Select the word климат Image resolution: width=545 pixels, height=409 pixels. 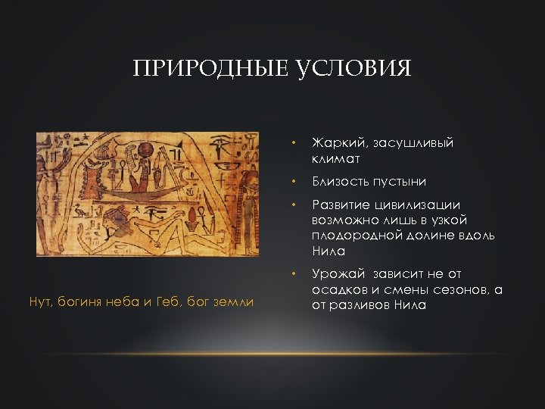point(334,159)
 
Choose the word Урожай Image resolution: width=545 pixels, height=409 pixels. point(335,274)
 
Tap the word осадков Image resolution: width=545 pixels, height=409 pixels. point(337,289)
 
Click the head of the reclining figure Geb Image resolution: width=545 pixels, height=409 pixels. point(118,220)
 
